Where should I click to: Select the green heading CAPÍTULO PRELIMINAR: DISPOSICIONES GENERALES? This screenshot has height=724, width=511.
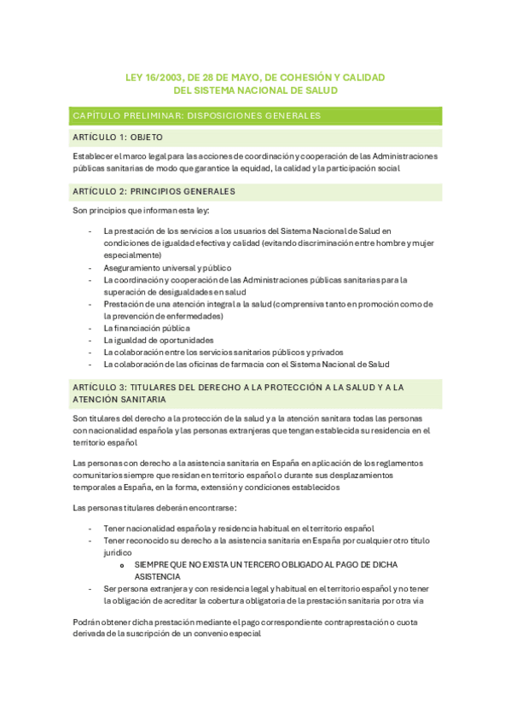click(197, 115)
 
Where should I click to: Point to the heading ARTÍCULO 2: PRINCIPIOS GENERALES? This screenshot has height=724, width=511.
click(154, 191)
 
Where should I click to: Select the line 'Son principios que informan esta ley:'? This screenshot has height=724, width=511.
click(141, 210)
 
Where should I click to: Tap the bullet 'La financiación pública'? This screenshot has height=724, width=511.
click(147, 328)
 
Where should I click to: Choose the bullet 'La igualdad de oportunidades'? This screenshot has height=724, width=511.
click(154, 340)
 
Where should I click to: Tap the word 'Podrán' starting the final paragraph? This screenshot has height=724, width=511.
click(87, 622)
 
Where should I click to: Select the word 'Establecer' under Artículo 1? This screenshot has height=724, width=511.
click(94, 156)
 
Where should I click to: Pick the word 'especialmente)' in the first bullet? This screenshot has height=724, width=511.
click(132, 254)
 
